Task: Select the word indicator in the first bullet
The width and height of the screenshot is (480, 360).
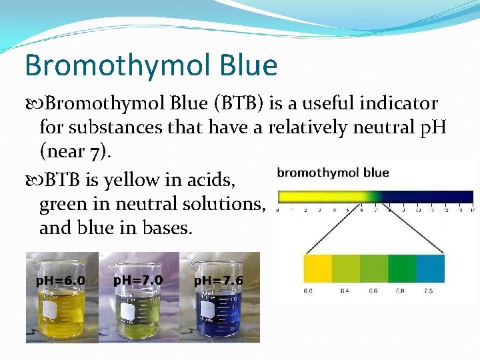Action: point(399,104)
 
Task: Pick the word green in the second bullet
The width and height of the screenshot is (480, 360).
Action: point(64,204)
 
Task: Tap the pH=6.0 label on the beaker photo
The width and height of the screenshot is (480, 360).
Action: point(60,281)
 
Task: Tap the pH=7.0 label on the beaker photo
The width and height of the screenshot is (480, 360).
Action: point(138,280)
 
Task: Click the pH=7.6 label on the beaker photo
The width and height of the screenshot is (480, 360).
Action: point(218,281)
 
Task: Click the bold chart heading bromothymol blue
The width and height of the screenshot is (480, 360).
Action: point(333,173)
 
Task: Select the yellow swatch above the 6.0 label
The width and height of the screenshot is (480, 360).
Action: point(317,268)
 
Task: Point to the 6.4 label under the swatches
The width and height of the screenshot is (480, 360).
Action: point(345,291)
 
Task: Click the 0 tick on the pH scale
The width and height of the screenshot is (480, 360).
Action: point(277,210)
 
